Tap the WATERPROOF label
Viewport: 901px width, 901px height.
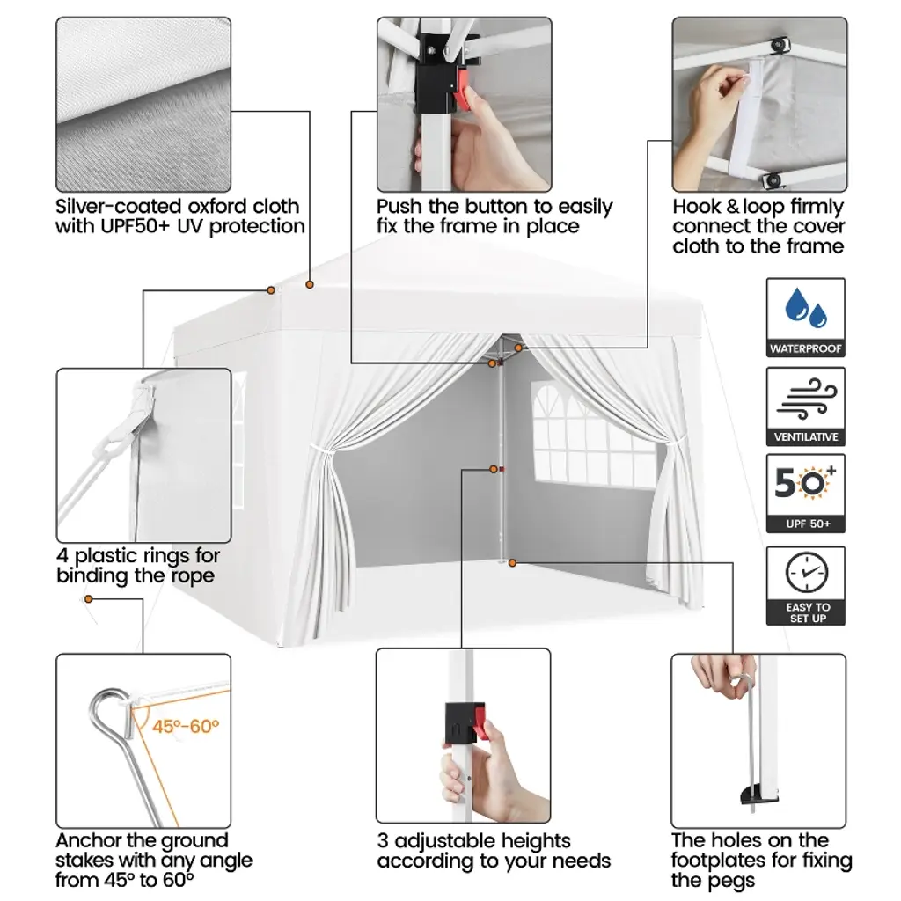coord(806,348)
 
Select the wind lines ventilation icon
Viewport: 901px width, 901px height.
coord(806,399)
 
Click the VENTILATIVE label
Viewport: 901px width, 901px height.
coord(806,437)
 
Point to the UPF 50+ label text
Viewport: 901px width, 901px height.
coord(808,524)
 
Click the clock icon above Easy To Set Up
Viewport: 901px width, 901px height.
coord(807,572)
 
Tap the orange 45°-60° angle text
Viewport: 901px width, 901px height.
coord(186,726)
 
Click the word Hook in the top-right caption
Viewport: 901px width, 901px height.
coord(697,206)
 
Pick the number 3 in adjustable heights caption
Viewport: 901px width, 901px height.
coord(383,841)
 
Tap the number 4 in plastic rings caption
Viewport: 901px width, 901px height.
coord(62,556)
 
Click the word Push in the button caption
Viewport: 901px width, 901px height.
coord(399,206)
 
